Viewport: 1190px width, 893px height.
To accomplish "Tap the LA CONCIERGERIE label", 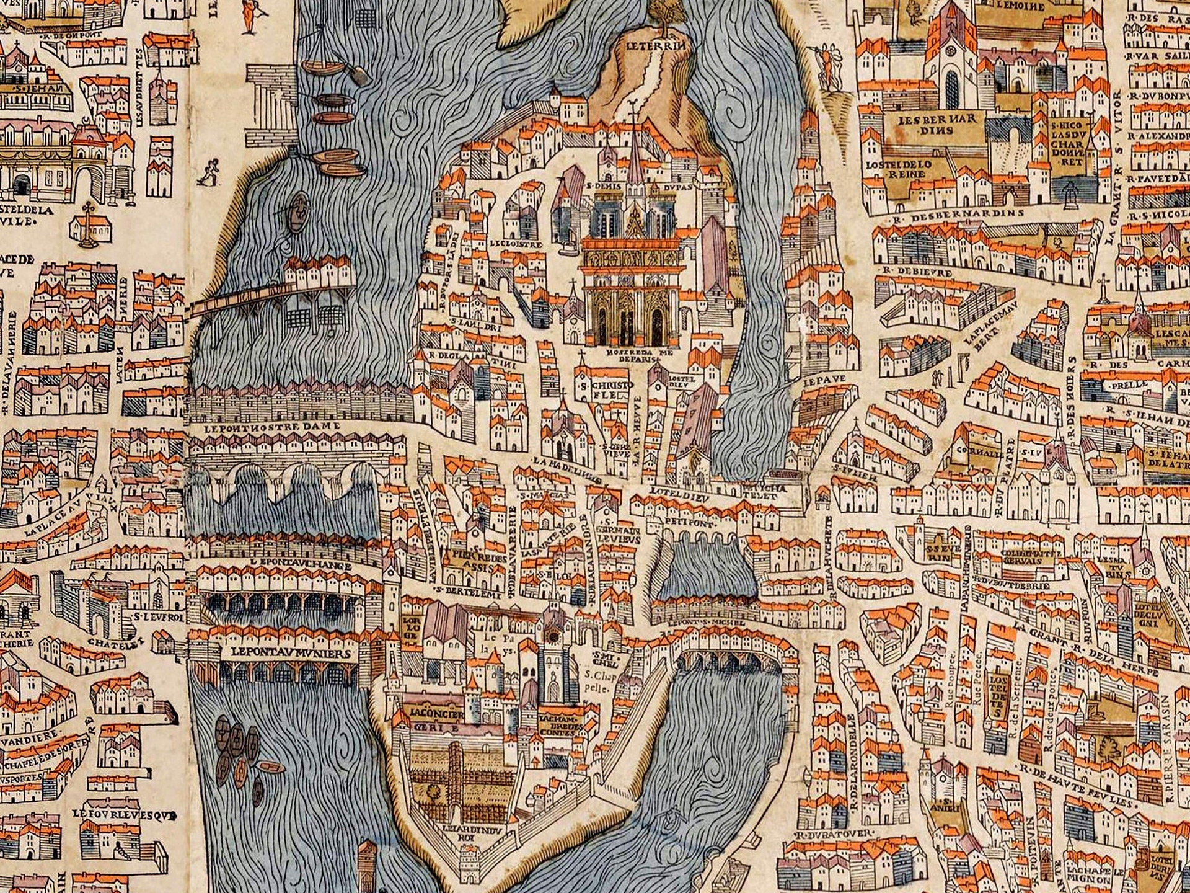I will point(437,719).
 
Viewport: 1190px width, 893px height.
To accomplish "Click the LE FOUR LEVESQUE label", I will point(124,814).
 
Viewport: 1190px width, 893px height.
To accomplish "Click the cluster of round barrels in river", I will point(239,745).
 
